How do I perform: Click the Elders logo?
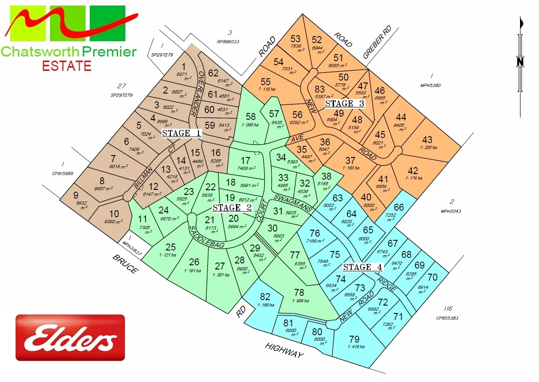tap(70, 338)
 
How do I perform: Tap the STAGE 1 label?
tap(182, 133)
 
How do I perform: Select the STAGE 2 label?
tap(233, 207)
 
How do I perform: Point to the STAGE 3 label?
tap(345, 103)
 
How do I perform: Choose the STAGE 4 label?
tap(363, 267)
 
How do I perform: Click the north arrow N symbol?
tap(520, 62)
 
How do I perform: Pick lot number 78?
tap(299, 293)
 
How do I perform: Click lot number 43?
tap(427, 139)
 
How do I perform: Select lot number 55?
tap(266, 82)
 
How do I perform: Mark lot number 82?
tap(265, 297)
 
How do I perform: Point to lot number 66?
tap(399, 207)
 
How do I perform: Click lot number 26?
tap(194, 263)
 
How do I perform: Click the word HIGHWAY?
tap(285, 350)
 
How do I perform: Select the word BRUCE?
tap(124, 263)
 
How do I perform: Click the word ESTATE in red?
tap(67, 66)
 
